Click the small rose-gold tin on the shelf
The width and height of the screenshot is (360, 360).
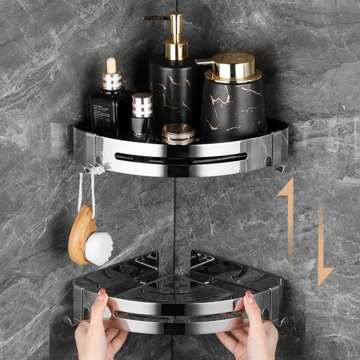pos(178,134)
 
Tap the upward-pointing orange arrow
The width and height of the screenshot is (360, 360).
pos(286,211)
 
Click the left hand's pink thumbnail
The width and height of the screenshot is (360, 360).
pos(101,294)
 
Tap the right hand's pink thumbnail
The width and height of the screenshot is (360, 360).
pos(250,297)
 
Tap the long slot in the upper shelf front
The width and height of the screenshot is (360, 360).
pos(180,157)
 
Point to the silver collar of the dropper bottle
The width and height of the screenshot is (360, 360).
pos(112,81)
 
